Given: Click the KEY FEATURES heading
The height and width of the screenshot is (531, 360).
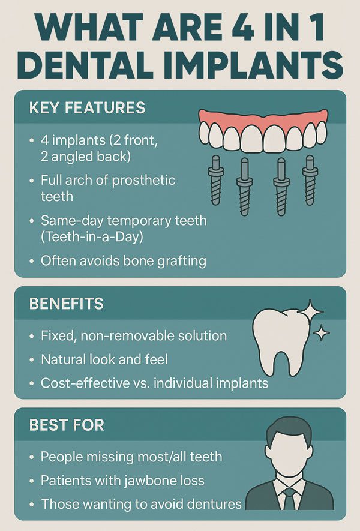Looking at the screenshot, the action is pos(87,107).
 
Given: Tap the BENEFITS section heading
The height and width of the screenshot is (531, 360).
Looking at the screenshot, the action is pos(67,304).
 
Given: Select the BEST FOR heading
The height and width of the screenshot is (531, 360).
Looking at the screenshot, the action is pos(67,425).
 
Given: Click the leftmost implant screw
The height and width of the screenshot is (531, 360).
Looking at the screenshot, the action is pos(216,180).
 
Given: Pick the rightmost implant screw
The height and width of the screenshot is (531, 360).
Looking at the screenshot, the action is pos(310,180).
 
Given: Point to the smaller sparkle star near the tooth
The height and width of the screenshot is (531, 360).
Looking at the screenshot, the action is pos(322,333).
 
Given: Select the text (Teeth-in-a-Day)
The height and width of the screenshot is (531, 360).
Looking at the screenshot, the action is pos(92,237).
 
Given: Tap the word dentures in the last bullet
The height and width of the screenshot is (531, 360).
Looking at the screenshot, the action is pos(214,504).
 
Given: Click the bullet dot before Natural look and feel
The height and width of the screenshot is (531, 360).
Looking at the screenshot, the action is pos(32,360).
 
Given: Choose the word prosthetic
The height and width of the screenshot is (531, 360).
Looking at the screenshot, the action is pos(143,181).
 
